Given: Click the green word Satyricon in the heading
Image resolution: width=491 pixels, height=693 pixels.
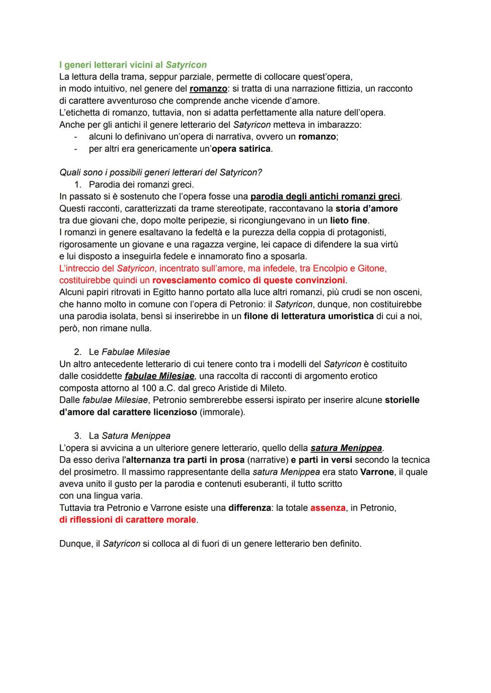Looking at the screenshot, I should [186, 65].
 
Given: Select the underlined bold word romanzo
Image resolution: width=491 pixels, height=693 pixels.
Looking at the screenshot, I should [208, 89].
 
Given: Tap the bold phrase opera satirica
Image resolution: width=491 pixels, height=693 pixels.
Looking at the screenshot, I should [241, 149].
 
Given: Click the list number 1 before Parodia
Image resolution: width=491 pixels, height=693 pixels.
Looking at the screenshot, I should [77, 185].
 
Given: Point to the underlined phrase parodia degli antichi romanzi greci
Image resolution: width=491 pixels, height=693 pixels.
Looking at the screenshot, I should [325, 197].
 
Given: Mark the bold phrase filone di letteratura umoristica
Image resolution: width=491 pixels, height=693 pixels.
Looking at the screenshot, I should [309, 316].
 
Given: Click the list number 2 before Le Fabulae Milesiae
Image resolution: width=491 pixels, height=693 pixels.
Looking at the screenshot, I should [77, 352].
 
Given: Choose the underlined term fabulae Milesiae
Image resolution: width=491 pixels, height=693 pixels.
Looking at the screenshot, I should [160, 376].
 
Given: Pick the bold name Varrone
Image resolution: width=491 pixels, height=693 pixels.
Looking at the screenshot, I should [377, 472].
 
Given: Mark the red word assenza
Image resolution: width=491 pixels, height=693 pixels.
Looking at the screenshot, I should [328, 508].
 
